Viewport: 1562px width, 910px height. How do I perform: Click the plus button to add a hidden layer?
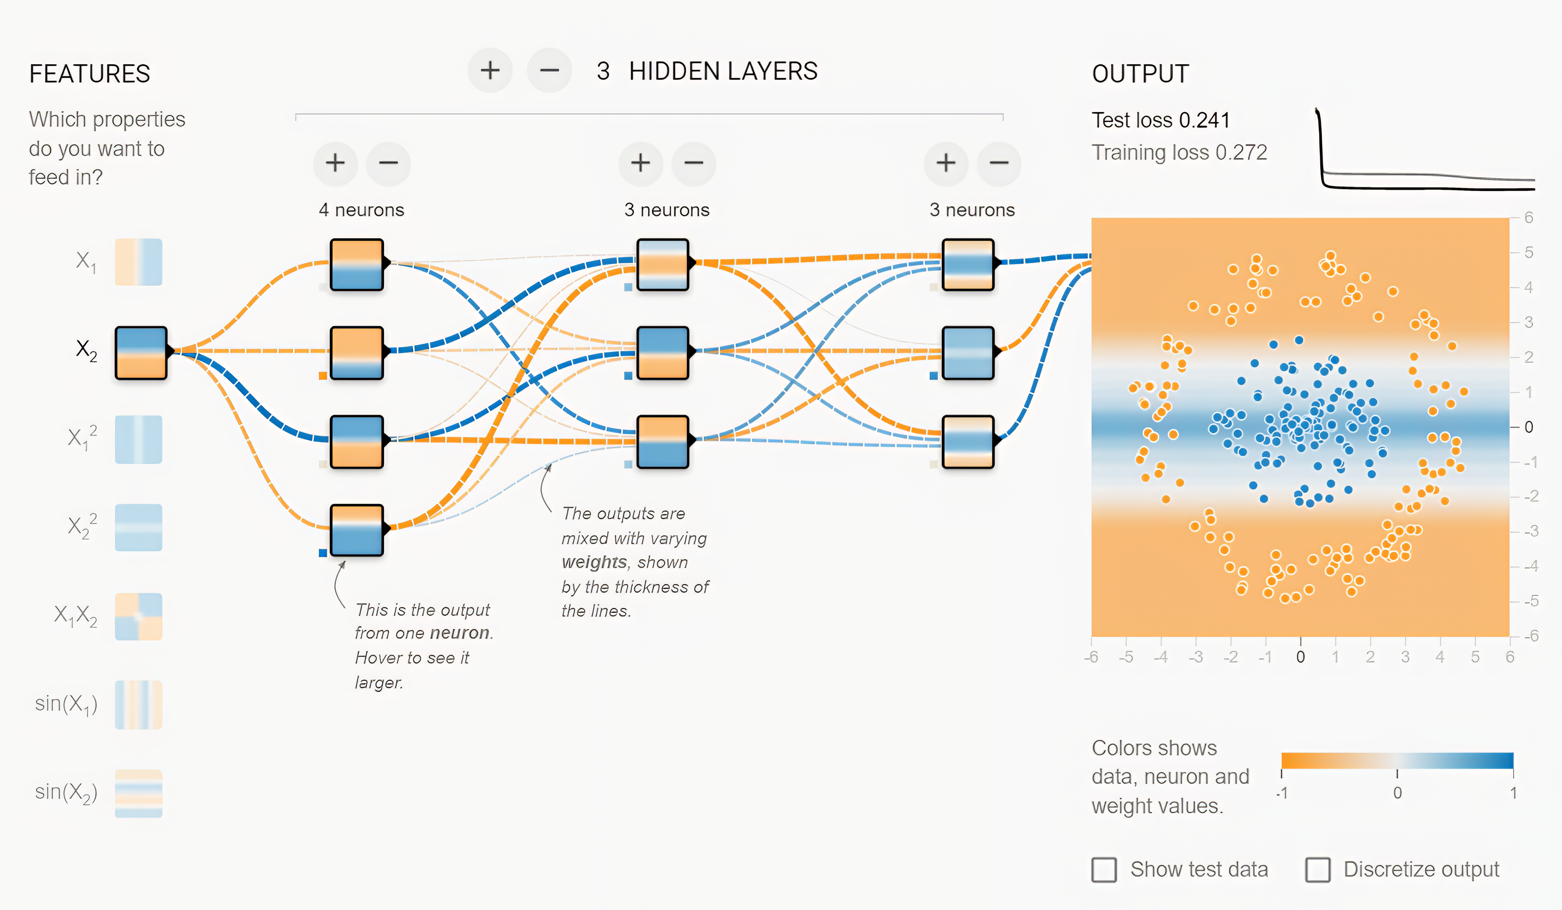coord(490,70)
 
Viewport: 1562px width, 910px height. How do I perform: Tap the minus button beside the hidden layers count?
coord(549,70)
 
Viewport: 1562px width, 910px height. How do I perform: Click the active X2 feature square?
coord(141,352)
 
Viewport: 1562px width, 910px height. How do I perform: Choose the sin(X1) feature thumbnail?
coord(138,704)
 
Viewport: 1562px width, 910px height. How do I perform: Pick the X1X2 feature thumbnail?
coord(138,616)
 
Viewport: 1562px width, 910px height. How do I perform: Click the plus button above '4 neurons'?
coord(335,163)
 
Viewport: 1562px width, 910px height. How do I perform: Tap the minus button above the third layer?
coord(999,163)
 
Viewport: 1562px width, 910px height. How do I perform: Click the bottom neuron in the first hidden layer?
coord(357,530)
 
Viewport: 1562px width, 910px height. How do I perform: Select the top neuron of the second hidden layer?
coord(662,265)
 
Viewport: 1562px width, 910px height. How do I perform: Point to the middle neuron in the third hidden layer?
coord(968,353)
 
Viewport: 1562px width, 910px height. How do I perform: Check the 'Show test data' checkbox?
coord(1104,869)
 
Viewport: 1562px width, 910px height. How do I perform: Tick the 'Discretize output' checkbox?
coord(1318,869)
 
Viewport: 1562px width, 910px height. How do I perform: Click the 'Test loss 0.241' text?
coord(1160,119)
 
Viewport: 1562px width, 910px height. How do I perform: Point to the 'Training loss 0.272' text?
coord(1179,152)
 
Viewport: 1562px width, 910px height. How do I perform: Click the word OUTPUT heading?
coord(1140,74)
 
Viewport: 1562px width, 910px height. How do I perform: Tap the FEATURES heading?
coord(90,74)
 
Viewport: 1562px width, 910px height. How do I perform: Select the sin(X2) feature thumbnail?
coord(138,793)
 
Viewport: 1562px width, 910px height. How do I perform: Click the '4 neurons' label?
coord(362,210)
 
